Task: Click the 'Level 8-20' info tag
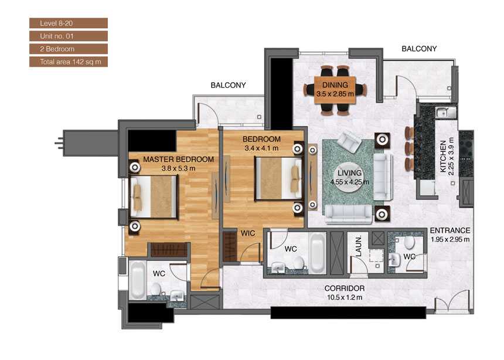(x=68, y=23)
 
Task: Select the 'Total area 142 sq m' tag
(x=68, y=62)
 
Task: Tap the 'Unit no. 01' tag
(x=68, y=36)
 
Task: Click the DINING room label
(x=335, y=85)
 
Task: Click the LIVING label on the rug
(x=349, y=174)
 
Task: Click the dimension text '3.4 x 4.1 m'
(x=261, y=148)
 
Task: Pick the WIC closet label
(x=247, y=233)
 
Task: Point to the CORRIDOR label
(x=346, y=288)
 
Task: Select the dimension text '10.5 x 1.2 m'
(x=346, y=297)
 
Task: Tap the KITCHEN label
(x=443, y=157)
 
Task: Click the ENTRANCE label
(x=450, y=230)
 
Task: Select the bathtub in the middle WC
(x=317, y=252)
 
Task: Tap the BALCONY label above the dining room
(x=419, y=49)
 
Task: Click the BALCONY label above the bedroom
(x=228, y=86)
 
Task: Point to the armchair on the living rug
(x=352, y=141)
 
